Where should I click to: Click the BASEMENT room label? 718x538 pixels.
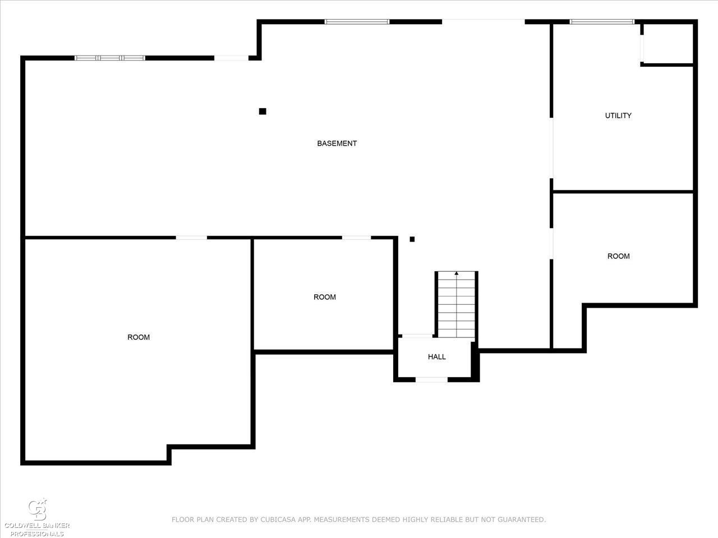337,143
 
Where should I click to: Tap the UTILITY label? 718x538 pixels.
618,115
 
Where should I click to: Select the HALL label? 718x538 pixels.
436,357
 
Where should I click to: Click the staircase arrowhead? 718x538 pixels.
456,273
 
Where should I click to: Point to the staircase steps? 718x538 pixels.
456,304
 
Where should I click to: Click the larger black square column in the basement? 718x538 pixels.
263,112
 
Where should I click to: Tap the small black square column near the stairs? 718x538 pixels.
412,239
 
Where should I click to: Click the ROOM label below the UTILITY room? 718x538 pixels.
618,256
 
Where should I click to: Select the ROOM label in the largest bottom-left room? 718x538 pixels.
139,337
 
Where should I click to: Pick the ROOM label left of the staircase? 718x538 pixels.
324,297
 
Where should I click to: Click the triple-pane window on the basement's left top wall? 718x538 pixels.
110,58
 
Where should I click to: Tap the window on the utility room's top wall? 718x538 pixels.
602,22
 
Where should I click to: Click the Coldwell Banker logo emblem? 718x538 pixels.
38,509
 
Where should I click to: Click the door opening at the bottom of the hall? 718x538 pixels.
431,379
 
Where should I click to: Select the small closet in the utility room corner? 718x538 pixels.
668,44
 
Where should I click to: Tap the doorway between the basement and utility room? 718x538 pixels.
551,148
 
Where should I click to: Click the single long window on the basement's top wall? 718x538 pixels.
357,22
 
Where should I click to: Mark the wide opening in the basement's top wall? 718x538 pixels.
484,22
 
